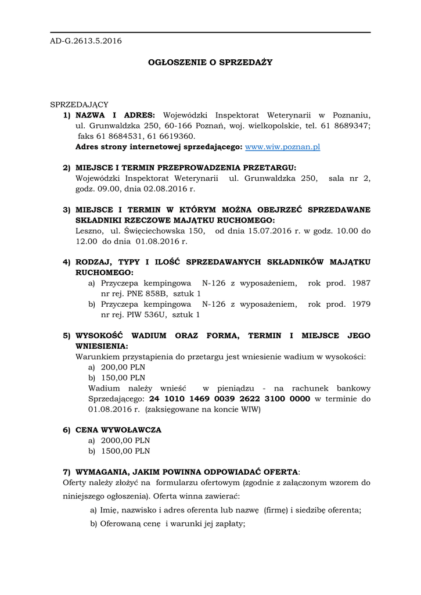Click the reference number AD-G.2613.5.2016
86,41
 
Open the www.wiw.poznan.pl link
283,147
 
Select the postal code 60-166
175,126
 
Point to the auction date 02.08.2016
172,189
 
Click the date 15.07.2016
259,231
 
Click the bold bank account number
229,399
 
